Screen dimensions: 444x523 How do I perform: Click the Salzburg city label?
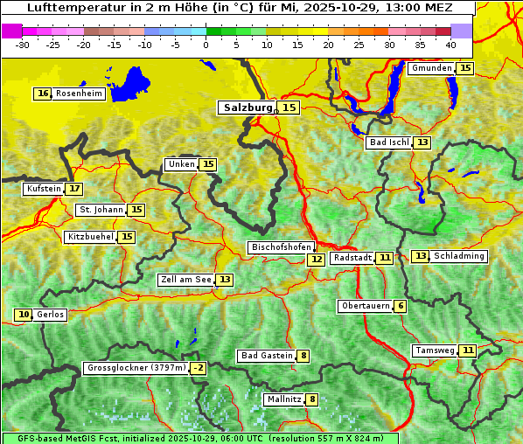coord(248,108)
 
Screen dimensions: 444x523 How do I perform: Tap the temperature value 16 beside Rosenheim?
coord(43,94)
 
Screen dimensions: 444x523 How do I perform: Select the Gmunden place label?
coord(432,68)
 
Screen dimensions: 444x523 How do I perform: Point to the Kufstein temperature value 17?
coord(74,189)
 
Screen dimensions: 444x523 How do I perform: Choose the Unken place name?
coord(182,164)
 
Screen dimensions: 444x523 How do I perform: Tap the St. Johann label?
coord(101,210)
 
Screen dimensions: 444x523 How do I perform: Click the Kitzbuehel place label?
coord(90,237)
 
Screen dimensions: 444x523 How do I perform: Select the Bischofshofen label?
coord(281,247)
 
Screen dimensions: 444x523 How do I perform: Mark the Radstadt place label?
coord(352,258)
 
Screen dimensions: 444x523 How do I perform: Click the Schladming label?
coord(459,256)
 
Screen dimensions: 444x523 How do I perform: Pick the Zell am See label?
coord(186,280)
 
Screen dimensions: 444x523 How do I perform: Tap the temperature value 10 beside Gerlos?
coord(24,315)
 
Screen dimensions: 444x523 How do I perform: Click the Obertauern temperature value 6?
coord(400,306)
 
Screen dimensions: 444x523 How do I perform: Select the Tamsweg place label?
coord(435,350)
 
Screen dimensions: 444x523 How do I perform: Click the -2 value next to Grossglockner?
coord(199,369)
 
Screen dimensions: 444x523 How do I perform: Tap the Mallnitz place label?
coord(284,399)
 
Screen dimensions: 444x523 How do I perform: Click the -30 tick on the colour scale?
coord(23,44)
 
